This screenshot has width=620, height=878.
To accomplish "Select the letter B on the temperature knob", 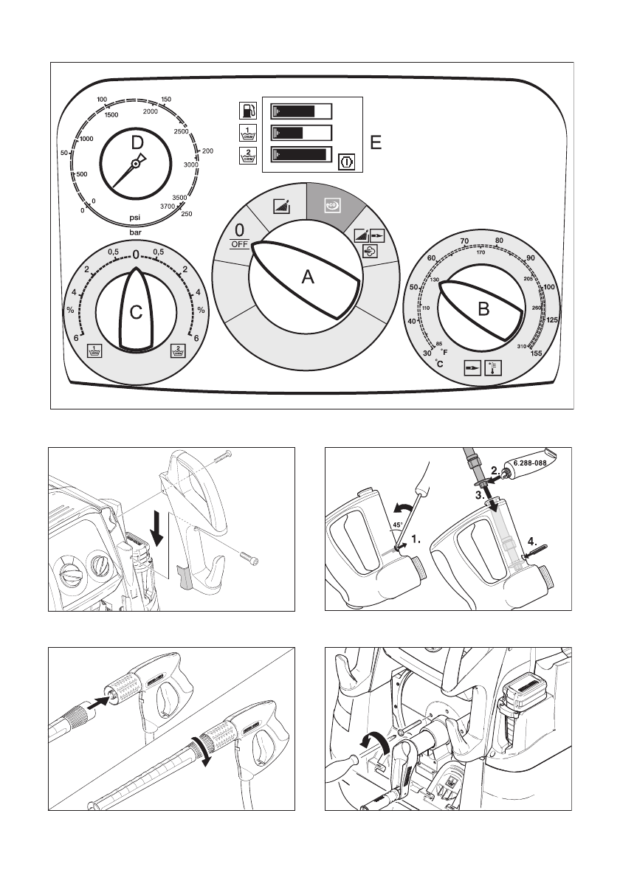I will coord(483,310).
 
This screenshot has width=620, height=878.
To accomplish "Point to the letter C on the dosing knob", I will coord(137,313).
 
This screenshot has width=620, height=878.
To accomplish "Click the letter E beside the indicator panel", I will coord(376,143).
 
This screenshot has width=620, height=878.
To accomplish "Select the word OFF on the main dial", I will coord(239,243).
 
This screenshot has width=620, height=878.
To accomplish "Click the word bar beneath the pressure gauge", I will coord(137,231).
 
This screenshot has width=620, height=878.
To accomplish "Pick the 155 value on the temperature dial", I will coord(536,353).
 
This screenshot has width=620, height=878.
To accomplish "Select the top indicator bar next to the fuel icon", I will coord(302,111).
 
